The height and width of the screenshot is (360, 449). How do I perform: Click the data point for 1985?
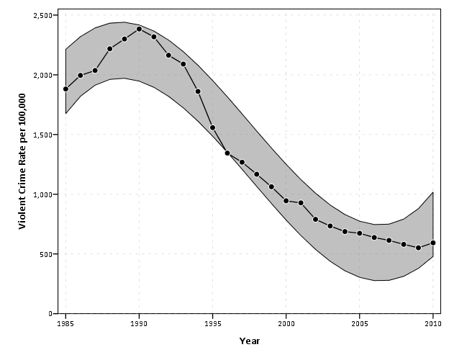tap(65, 89)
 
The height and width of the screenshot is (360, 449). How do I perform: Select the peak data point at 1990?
tap(139, 30)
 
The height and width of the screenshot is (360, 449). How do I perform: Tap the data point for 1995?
tap(212, 127)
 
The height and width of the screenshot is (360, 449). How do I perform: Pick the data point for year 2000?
tap(286, 201)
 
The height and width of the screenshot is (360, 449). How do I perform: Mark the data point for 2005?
tap(360, 233)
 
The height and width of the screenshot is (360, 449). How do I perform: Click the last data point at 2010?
tap(433, 243)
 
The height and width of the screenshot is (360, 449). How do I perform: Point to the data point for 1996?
tap(227, 153)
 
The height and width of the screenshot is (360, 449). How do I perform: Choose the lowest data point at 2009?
tap(418, 248)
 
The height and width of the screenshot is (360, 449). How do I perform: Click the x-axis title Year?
tap(249, 341)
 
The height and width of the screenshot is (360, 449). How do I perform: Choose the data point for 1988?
tap(109, 48)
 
